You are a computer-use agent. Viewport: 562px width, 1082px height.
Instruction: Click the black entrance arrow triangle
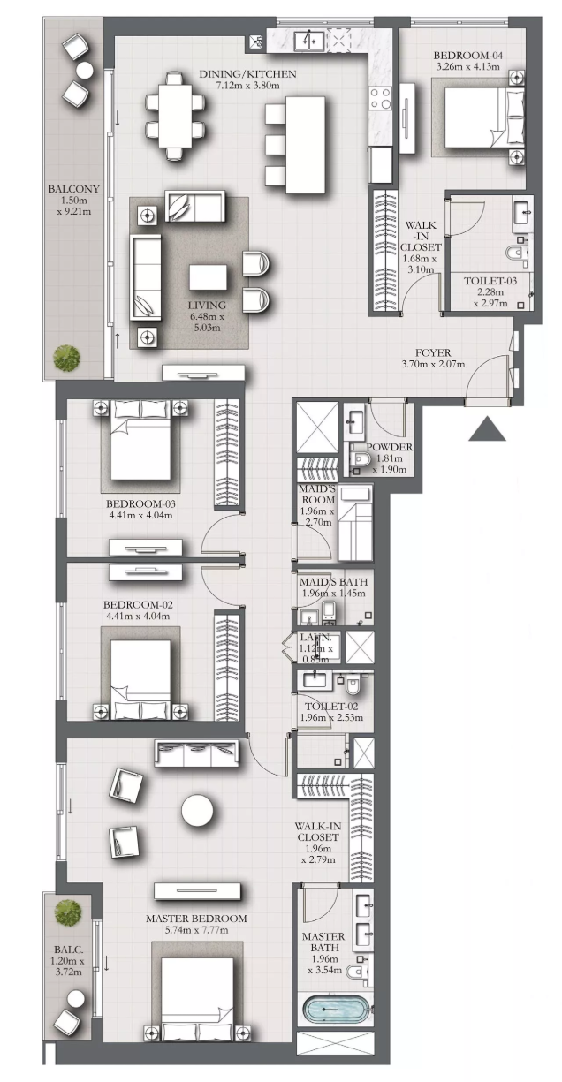point(487,429)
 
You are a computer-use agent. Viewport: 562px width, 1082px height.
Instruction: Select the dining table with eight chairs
point(176,115)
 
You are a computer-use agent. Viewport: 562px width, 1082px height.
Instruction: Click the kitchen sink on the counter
point(309,40)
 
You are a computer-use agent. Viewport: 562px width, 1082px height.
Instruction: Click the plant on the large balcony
point(66,358)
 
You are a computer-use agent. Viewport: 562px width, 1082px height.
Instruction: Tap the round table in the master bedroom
point(197,812)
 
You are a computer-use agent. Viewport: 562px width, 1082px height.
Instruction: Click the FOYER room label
point(433,353)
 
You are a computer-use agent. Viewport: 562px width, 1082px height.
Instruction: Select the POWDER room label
point(389,447)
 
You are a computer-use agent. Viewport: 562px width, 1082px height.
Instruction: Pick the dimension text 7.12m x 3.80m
point(247,86)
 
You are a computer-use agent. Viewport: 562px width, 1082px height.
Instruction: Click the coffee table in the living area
point(209,277)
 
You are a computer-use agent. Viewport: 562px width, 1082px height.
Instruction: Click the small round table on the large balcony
point(85,71)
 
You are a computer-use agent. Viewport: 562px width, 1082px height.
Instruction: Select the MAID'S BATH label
point(333,582)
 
